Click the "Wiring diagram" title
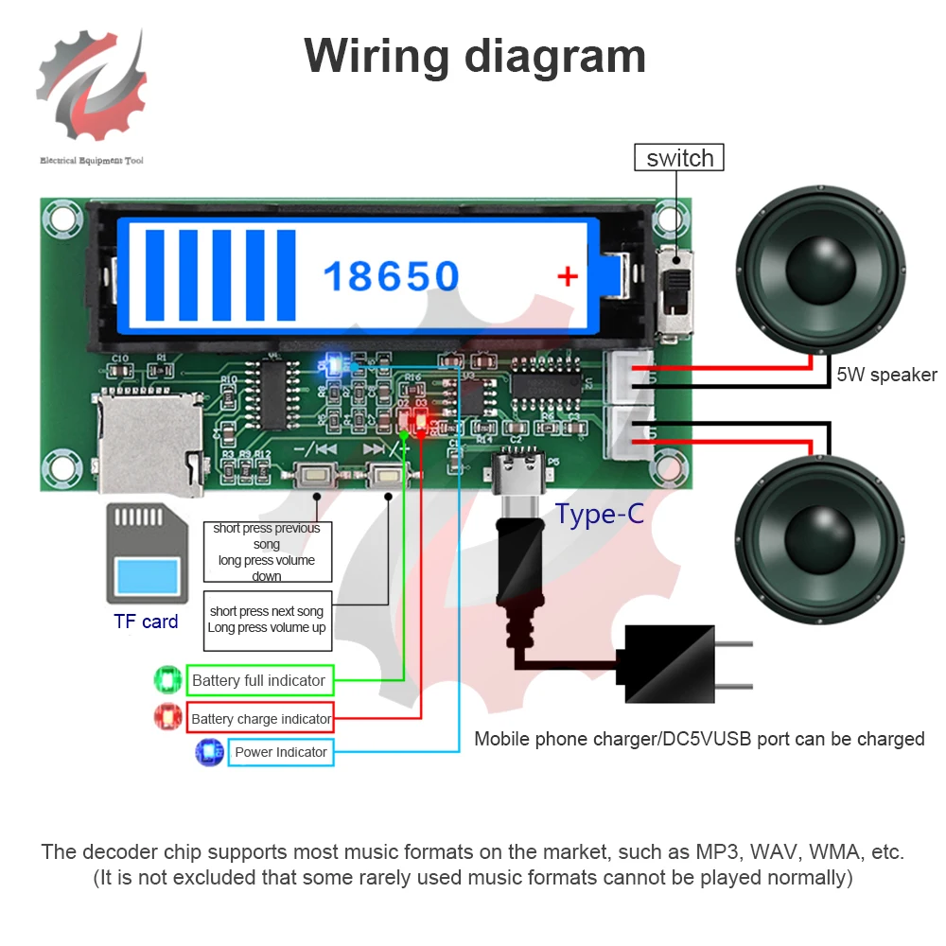tap(475, 56)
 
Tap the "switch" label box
tap(679, 158)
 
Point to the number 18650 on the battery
tap(391, 276)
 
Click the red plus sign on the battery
tap(567, 276)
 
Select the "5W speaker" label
tap(886, 375)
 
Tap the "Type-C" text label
tap(599, 515)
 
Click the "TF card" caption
tap(146, 622)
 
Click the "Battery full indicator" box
tap(258, 680)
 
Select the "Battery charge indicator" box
tap(261, 719)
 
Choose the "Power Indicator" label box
tap(280, 752)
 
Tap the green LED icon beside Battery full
tap(168, 680)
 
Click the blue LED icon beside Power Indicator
tap(207, 752)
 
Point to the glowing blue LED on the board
tap(330, 363)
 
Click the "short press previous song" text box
tap(267, 552)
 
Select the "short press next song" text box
tap(267, 621)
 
